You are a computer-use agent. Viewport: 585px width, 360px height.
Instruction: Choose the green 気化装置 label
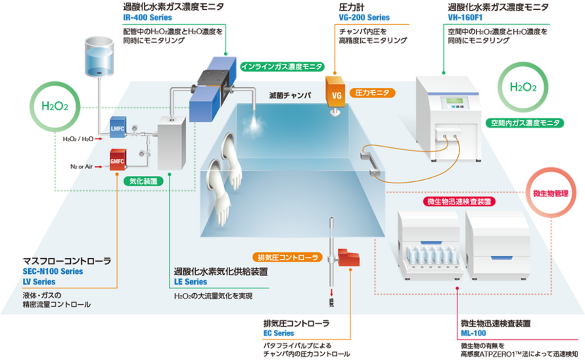tap(143, 181)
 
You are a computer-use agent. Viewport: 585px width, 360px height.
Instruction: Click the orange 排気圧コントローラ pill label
tap(287, 257)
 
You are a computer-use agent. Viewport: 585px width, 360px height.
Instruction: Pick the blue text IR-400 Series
tap(148, 18)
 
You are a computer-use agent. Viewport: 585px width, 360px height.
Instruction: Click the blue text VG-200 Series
tap(364, 18)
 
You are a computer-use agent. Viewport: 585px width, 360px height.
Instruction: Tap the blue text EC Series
tap(278, 333)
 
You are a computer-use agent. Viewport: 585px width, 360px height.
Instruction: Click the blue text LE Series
tap(191, 282)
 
